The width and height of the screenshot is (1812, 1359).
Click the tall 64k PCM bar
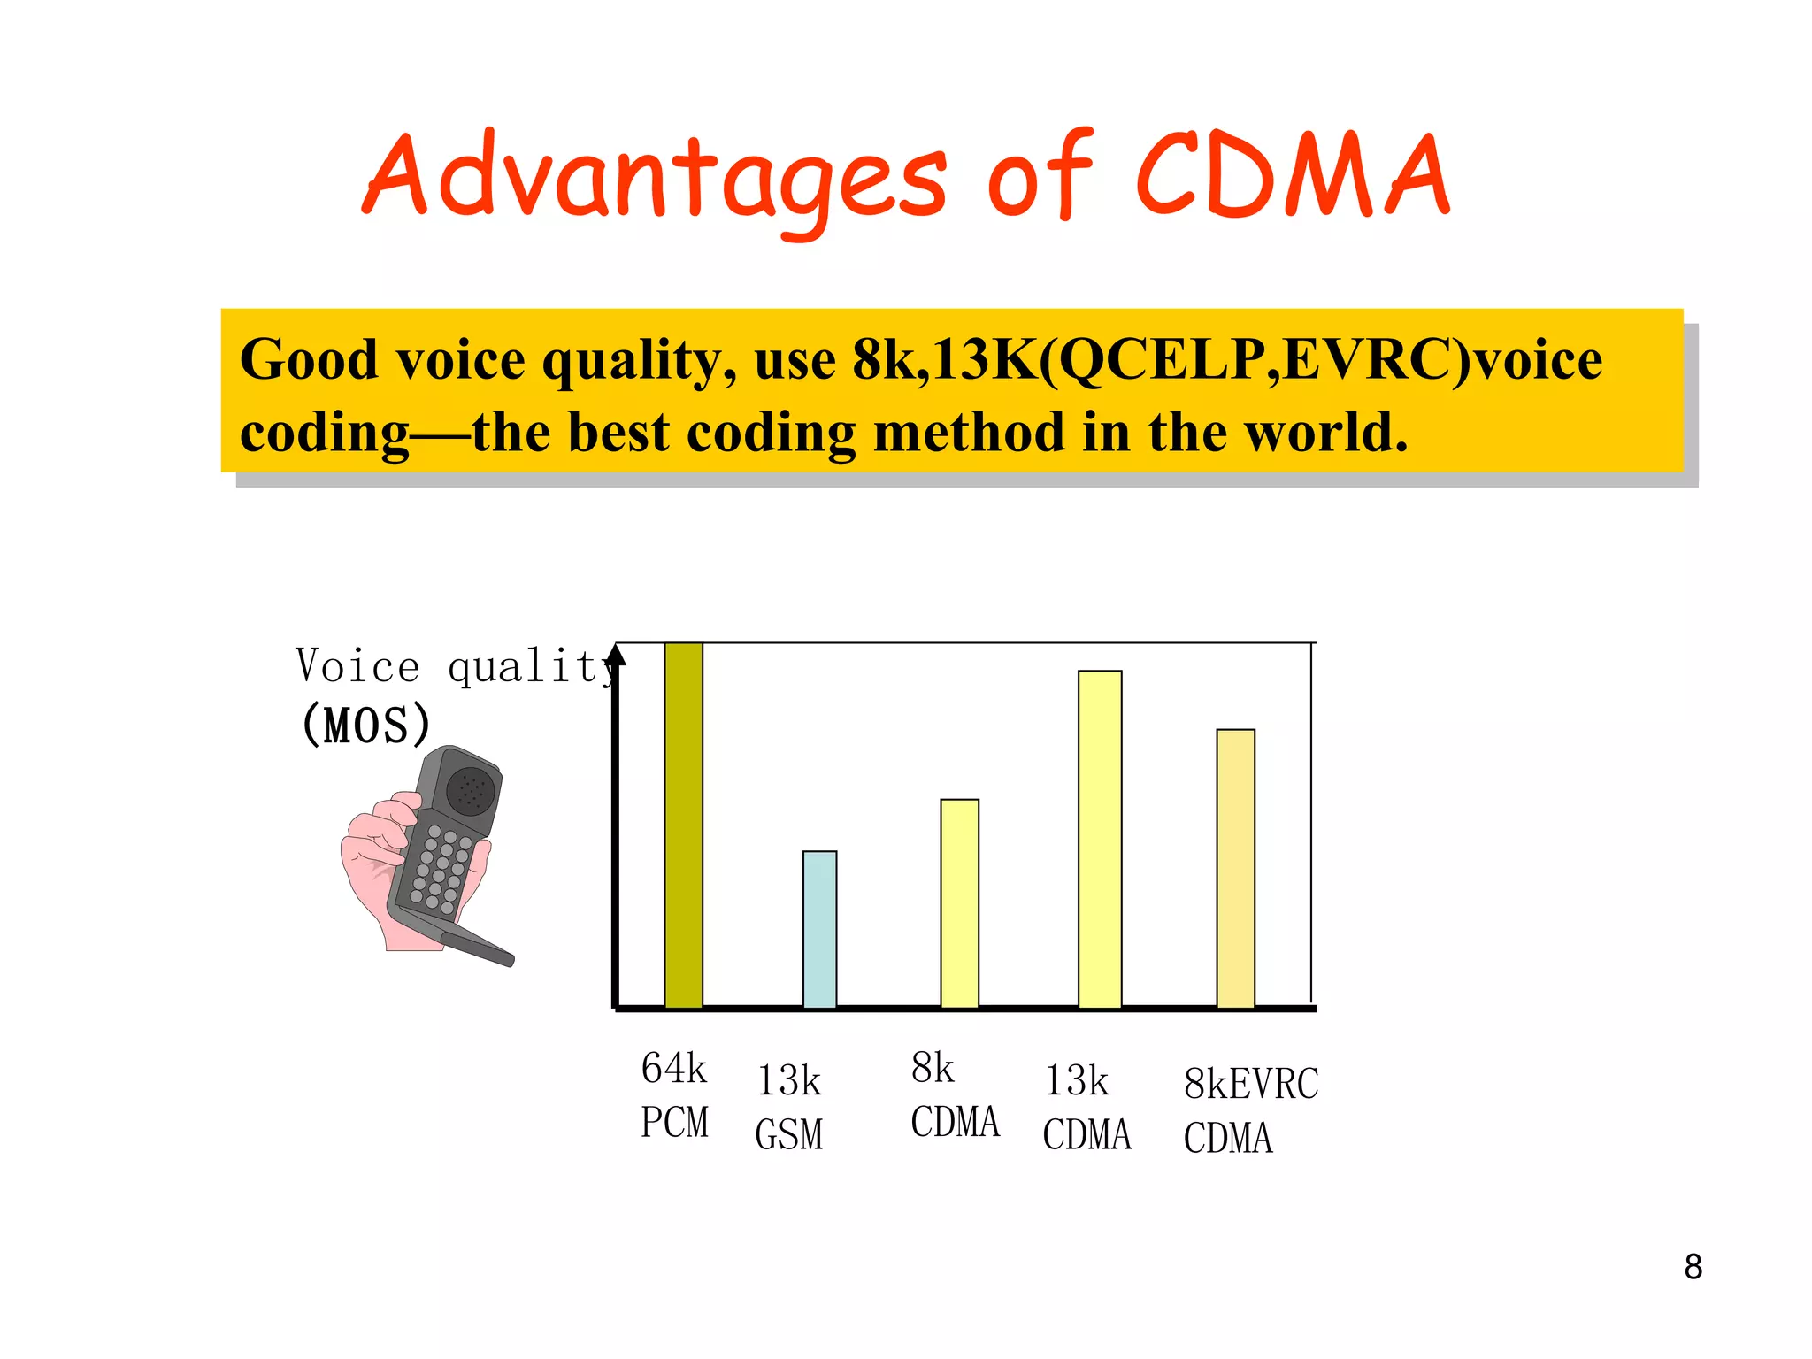(683, 825)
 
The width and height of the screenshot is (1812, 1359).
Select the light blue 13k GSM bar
(819, 929)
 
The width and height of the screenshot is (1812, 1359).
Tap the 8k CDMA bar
(959, 903)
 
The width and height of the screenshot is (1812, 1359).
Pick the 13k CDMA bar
(1100, 839)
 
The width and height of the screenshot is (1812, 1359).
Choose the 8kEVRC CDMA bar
(1235, 868)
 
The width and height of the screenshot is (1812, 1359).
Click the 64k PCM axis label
(674, 1094)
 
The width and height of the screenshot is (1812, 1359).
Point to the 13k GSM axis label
(789, 1107)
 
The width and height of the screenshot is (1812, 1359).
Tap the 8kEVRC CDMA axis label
(1250, 1110)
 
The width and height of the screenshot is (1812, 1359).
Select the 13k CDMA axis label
(1087, 1107)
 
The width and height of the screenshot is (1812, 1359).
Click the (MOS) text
(366, 725)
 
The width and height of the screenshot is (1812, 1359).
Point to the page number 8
(1693, 1267)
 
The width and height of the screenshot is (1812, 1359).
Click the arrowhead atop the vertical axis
(617, 655)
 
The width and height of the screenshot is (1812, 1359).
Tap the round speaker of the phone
(470, 789)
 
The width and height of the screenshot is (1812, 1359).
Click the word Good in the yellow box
(309, 360)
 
